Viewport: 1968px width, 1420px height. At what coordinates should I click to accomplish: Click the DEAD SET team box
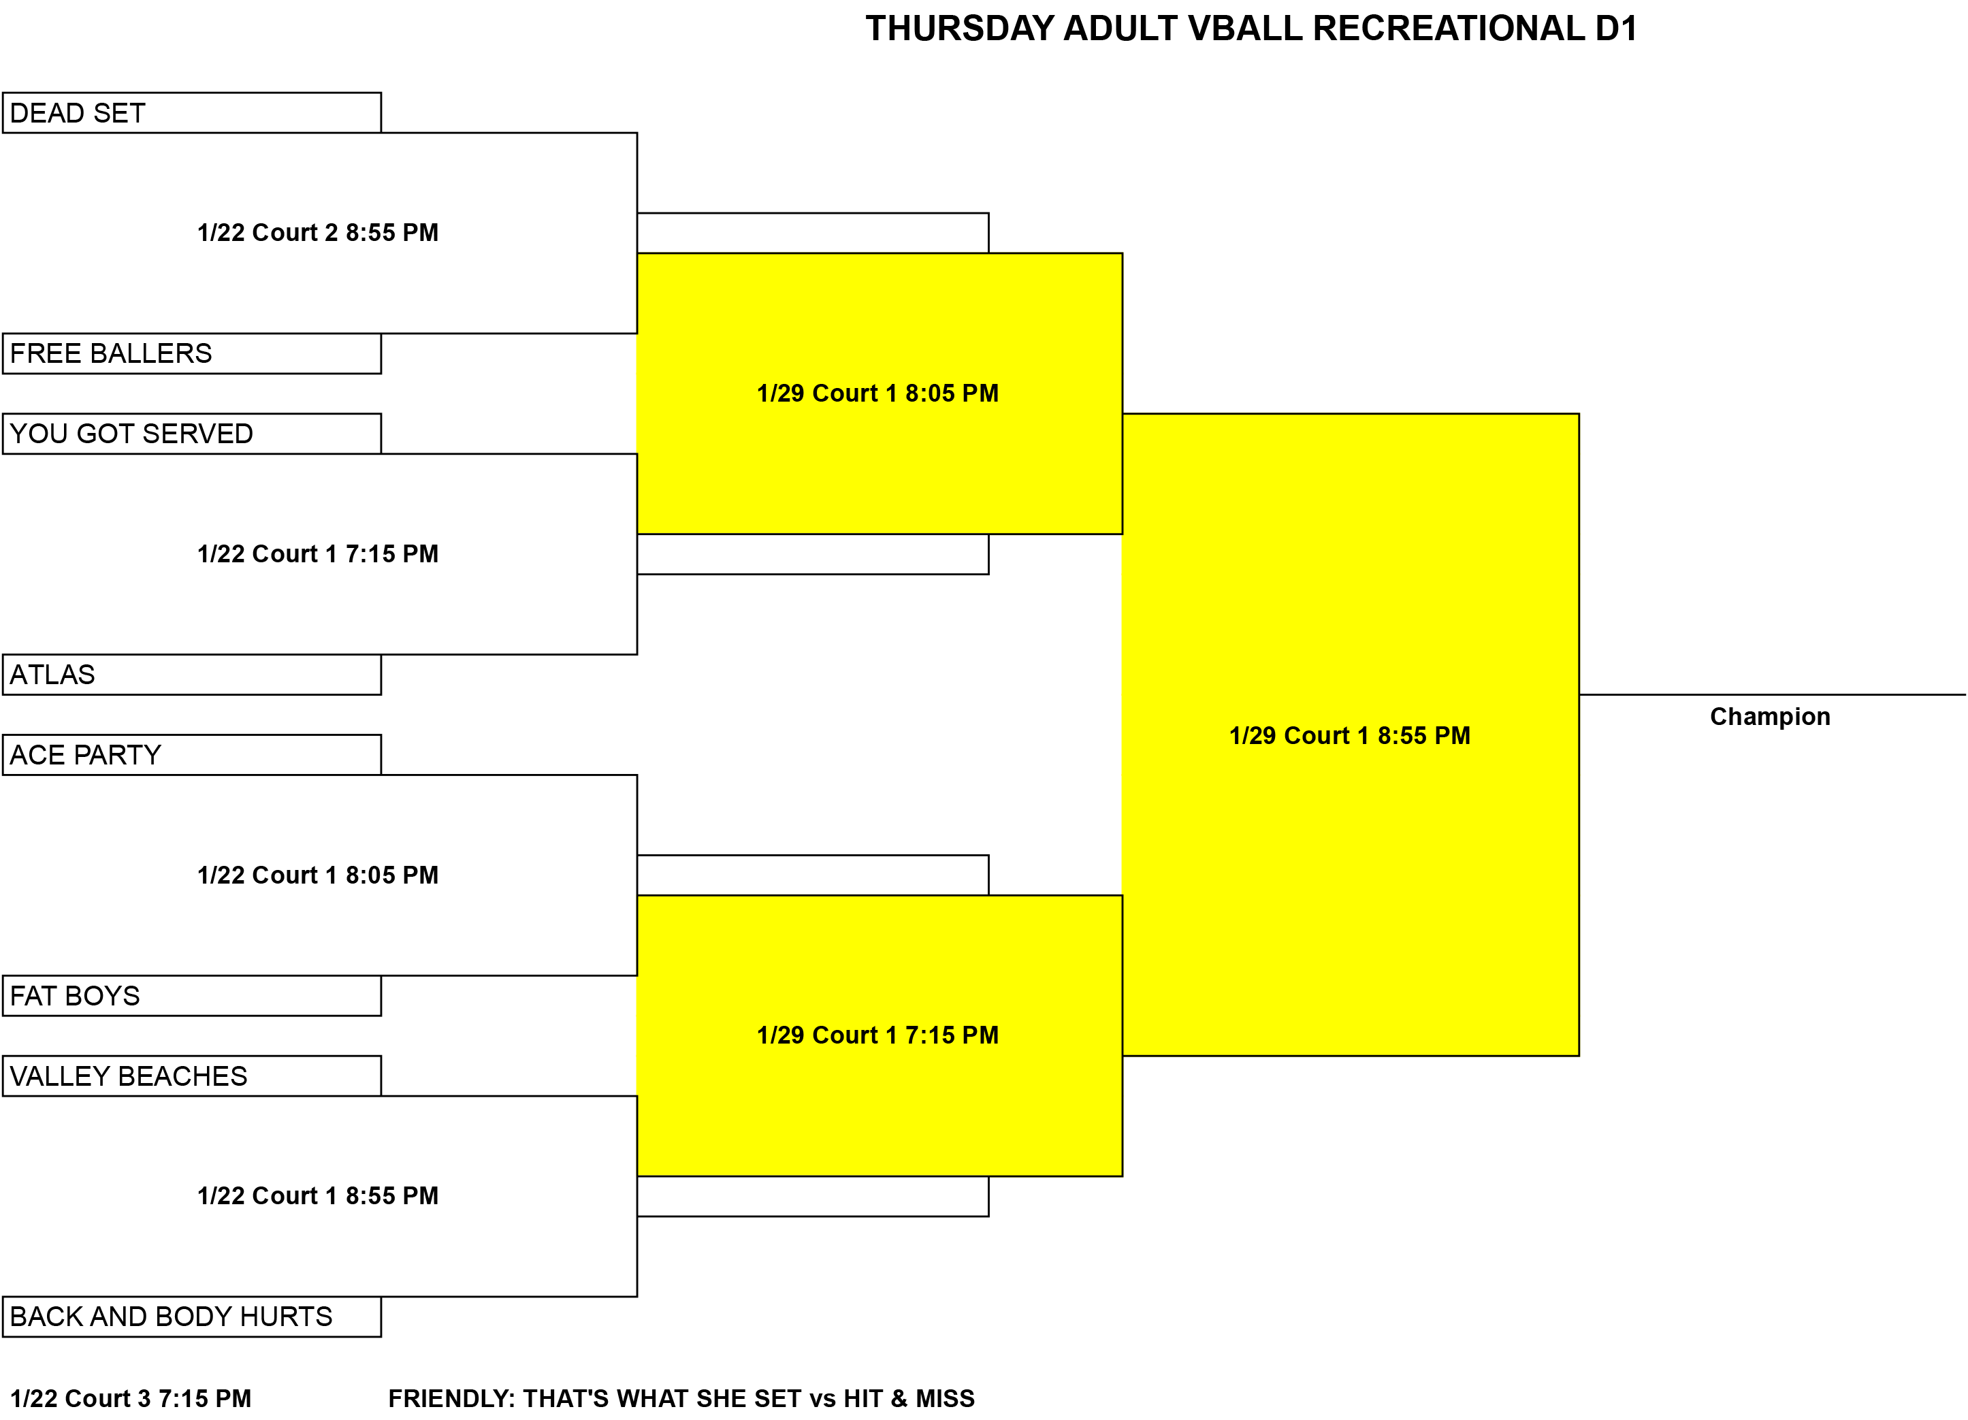click(192, 113)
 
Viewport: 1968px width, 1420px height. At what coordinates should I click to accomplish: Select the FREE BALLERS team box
click(192, 354)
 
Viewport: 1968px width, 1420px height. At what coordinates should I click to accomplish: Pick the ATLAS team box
click(192, 675)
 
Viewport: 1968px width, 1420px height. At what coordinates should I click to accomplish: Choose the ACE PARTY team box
click(192, 755)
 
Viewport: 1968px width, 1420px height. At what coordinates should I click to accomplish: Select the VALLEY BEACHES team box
click(192, 1076)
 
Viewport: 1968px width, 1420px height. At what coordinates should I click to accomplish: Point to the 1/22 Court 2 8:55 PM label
click(318, 233)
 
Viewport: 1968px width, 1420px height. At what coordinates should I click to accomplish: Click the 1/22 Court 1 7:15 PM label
click(318, 553)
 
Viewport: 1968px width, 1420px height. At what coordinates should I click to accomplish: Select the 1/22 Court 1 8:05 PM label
click(318, 875)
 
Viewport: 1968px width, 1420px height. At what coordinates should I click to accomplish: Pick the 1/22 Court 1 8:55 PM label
click(318, 1196)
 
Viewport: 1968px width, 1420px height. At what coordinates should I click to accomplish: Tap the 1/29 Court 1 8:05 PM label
click(877, 393)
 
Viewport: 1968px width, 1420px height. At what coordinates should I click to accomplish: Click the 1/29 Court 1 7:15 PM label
click(877, 1035)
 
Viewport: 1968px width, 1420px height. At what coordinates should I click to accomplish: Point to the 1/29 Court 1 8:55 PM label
click(1350, 736)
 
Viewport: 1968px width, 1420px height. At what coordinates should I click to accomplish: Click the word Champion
click(1770, 717)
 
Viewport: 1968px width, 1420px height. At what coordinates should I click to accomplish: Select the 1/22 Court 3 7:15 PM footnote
click(131, 1399)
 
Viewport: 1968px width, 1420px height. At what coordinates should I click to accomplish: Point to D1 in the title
click(1615, 29)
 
